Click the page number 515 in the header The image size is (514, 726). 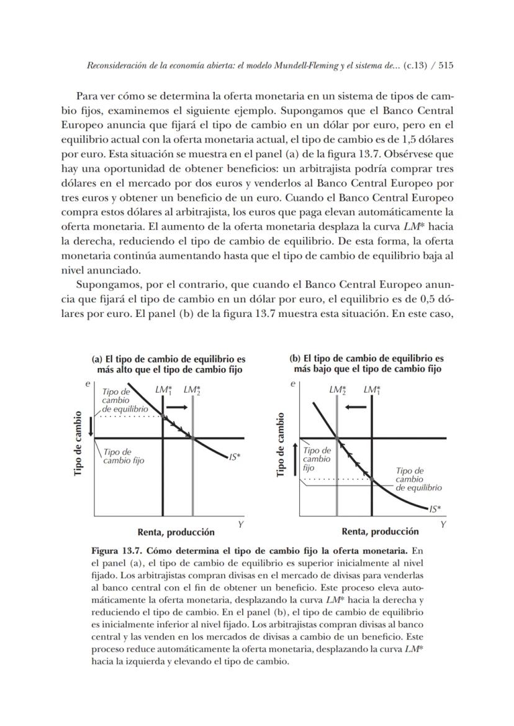pos(445,67)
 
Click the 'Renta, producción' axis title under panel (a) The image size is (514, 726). pos(176,532)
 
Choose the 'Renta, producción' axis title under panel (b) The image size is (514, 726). pos(380,532)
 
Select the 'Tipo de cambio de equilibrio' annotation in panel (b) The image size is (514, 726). pos(417,479)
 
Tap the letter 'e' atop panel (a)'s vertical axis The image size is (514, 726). pos(88,385)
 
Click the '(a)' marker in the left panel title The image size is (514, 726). pos(97,359)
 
